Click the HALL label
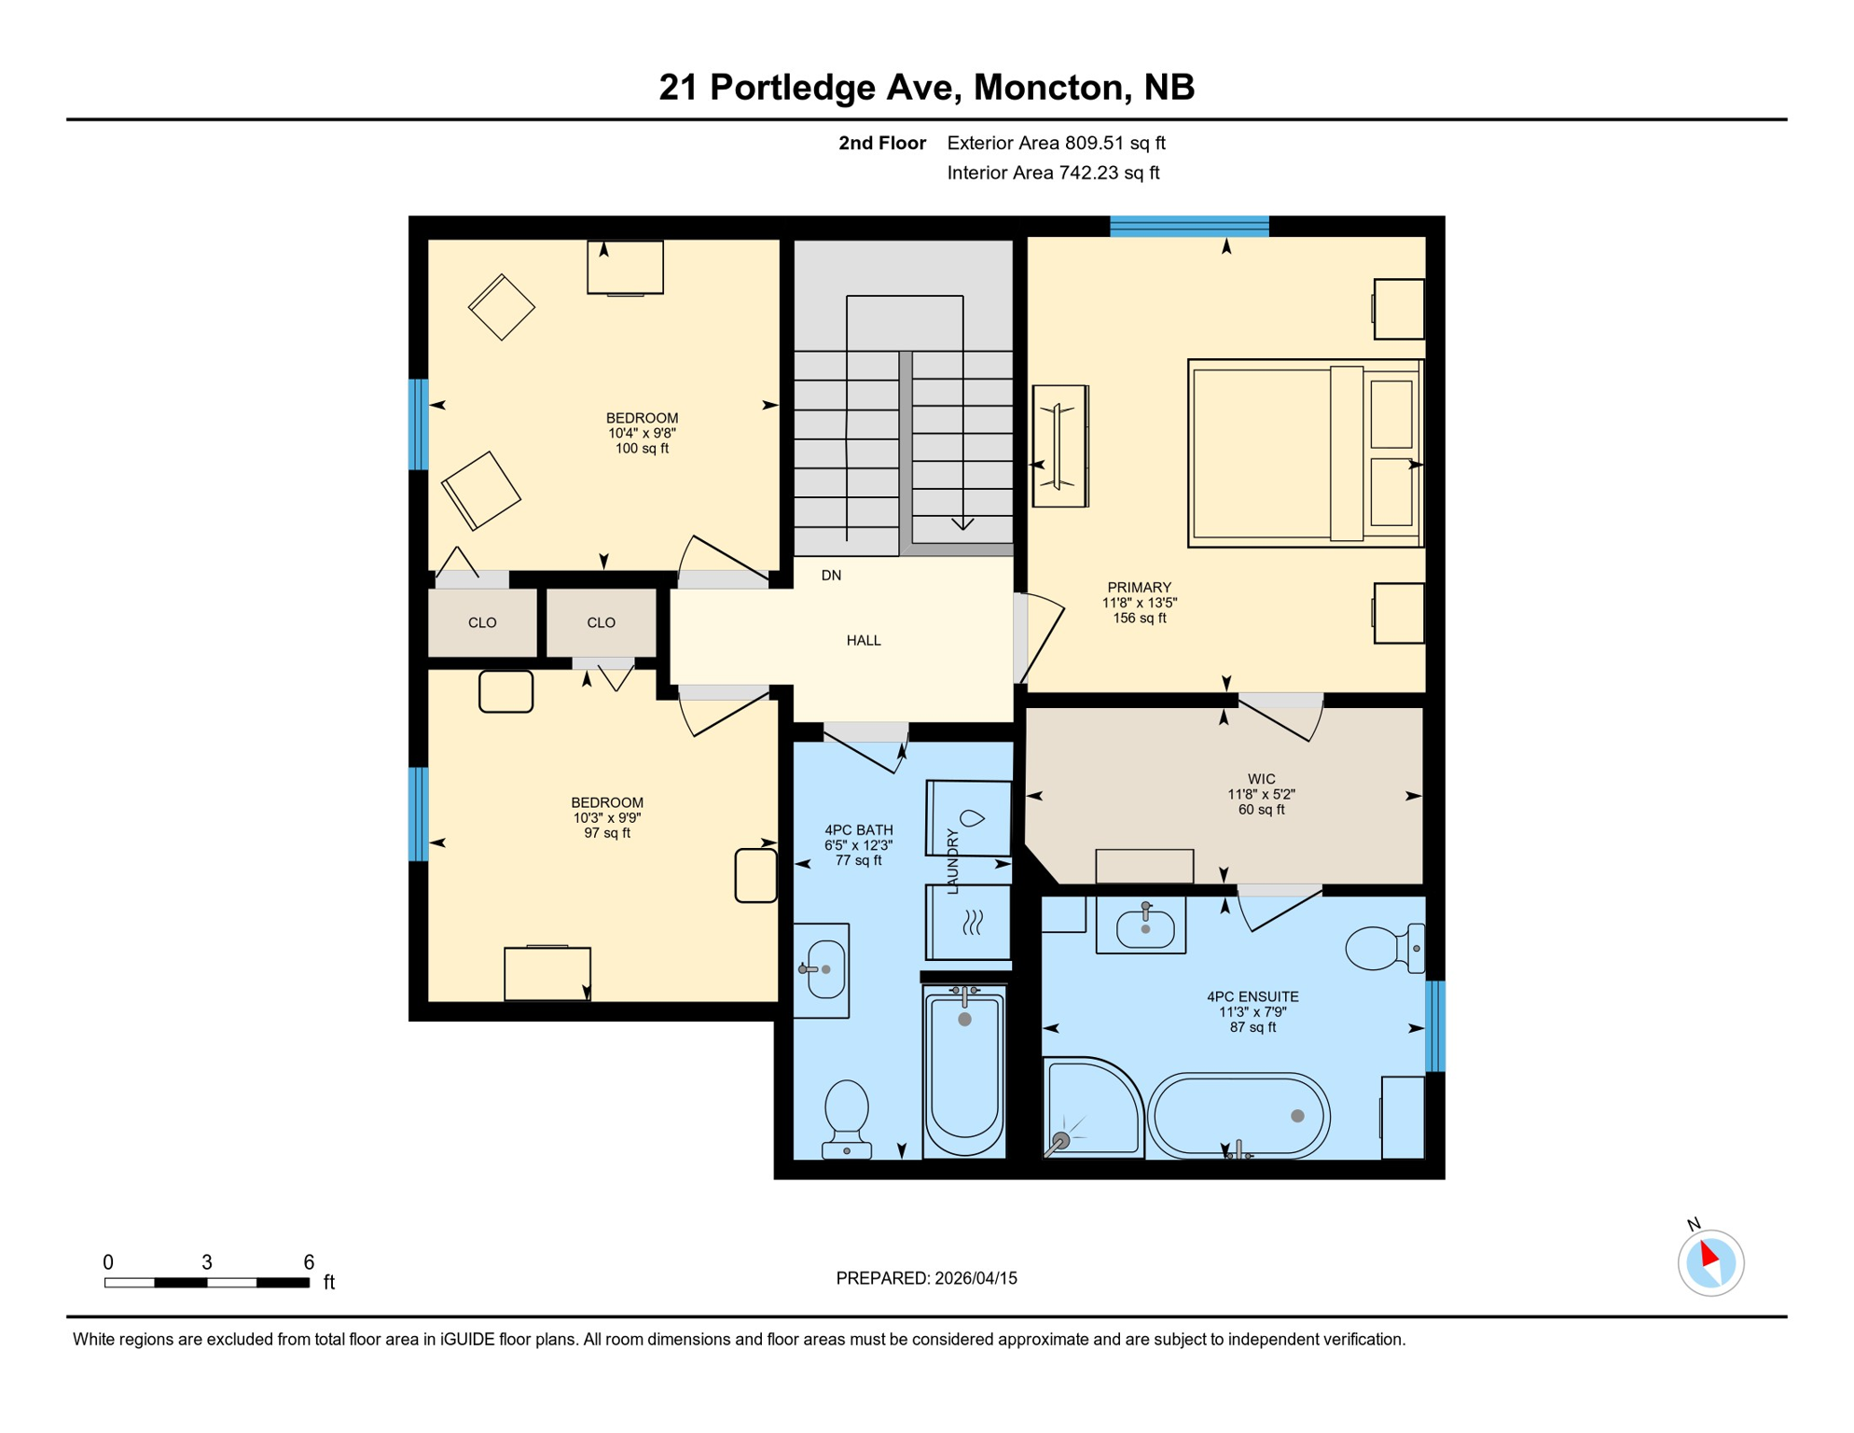tap(863, 641)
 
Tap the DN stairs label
tap(831, 576)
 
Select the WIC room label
tap(1261, 779)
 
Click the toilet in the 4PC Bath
tap(847, 1117)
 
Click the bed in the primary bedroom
tap(1304, 453)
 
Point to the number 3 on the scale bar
tap(207, 1262)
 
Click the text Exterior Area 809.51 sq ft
tap(1056, 143)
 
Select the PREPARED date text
tap(926, 1278)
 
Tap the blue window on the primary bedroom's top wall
tap(1189, 226)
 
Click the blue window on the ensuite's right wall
tap(1435, 1026)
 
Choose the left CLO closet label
tap(482, 622)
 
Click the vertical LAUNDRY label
tap(952, 861)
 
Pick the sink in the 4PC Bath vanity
tap(824, 969)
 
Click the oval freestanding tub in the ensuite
tap(1238, 1116)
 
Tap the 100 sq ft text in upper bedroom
tap(642, 449)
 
